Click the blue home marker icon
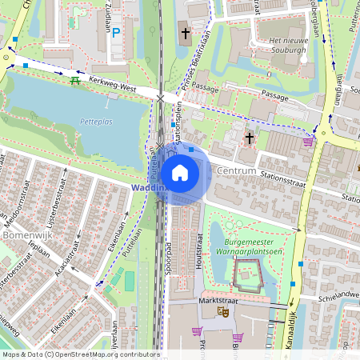pyautogui.click(x=180, y=172)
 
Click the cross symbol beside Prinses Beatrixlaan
pyautogui.click(x=186, y=34)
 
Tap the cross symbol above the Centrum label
pyautogui.click(x=249, y=138)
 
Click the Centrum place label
pyautogui.click(x=236, y=171)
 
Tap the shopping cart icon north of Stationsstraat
pyautogui.click(x=308, y=142)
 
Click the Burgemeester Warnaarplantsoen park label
pyautogui.click(x=256, y=243)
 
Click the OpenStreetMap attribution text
pyautogui.click(x=80, y=354)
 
